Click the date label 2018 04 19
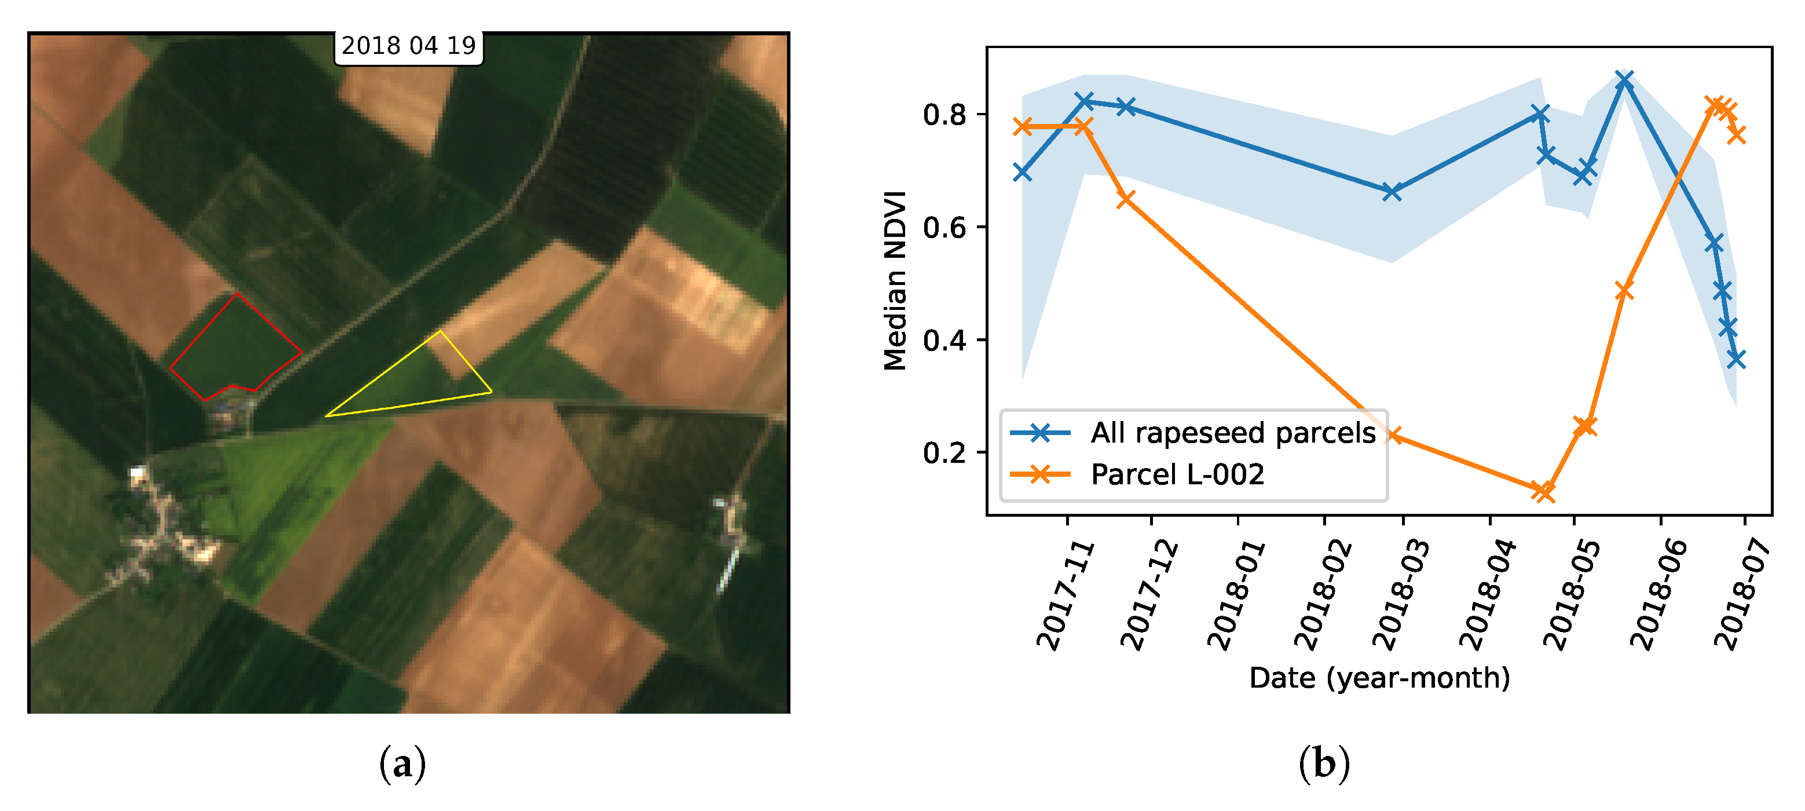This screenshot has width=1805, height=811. (408, 46)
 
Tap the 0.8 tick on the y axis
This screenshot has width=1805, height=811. (944, 115)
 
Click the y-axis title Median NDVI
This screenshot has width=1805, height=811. (895, 280)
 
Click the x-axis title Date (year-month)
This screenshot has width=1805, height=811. (1379, 678)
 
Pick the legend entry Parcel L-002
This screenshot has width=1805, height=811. (1177, 474)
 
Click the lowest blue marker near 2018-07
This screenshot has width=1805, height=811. (1736, 359)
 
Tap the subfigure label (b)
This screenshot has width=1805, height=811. (1324, 765)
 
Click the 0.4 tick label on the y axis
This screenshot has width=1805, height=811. (944, 341)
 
